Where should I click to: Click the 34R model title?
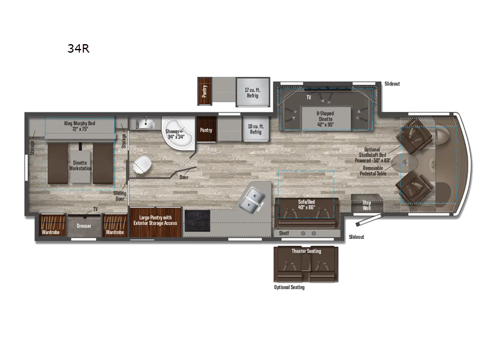pos(79,49)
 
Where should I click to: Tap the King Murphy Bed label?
pos(80,126)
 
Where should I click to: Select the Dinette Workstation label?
pos(80,165)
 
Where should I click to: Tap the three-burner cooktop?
pos(198,221)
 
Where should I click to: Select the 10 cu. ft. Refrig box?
pos(254,129)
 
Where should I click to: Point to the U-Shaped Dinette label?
pos(325,116)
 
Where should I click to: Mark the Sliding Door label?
pos(120,195)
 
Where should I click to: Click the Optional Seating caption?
pos(289,287)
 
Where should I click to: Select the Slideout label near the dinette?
pos(392,83)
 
